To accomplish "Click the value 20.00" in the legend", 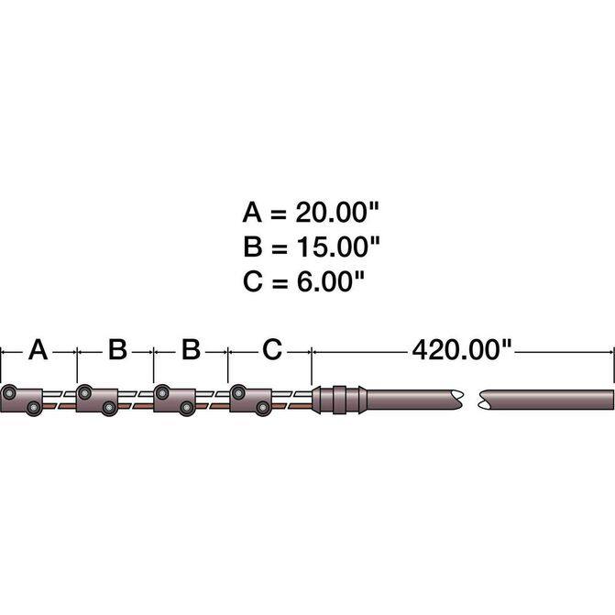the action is (x=337, y=213).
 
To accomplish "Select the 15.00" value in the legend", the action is (x=337, y=247).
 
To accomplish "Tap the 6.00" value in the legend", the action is (x=330, y=280).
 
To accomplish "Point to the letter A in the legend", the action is (x=252, y=213).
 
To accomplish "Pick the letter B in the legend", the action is (x=252, y=247).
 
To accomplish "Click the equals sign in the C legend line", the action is (x=280, y=282).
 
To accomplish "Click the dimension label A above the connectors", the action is (x=38, y=350).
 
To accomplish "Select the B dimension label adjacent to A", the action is (x=117, y=349).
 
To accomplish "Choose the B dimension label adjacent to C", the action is (x=191, y=349).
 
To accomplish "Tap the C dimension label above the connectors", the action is (x=272, y=349).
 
